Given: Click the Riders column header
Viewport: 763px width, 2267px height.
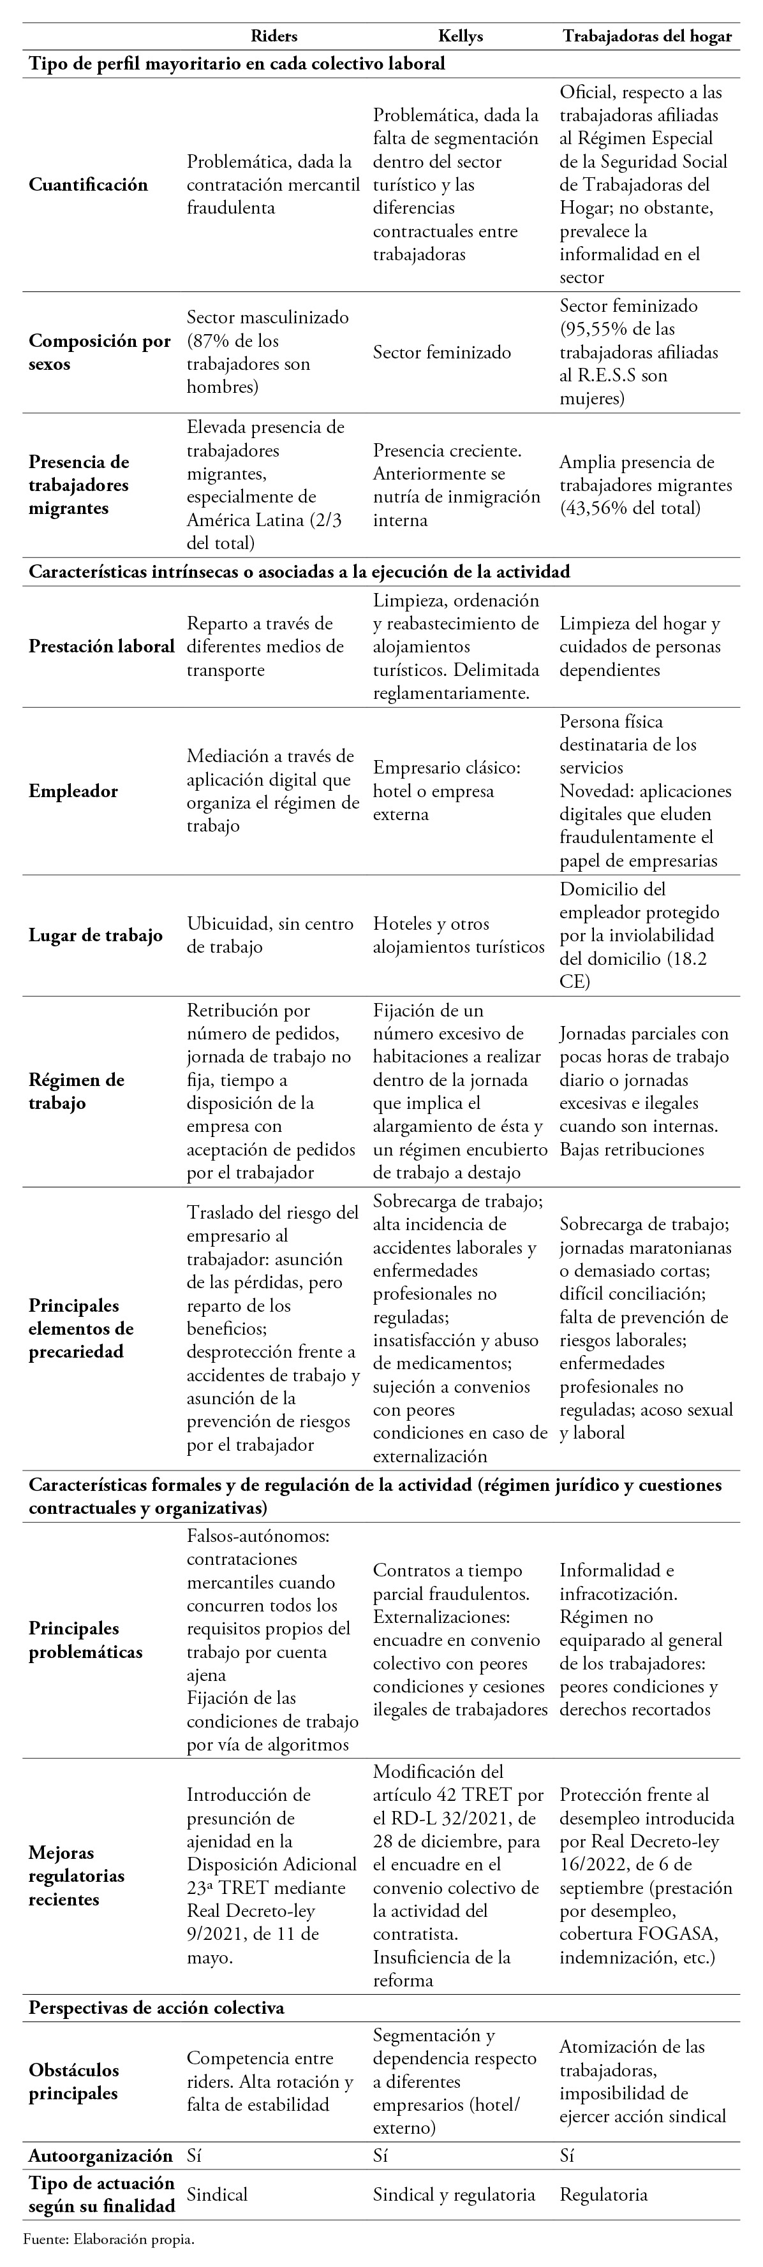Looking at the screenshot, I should pyautogui.click(x=274, y=36).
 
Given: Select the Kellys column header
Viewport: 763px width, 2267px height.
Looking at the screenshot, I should pyautogui.click(x=460, y=36).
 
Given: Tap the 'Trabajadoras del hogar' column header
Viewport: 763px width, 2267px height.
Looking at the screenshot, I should pyautogui.click(x=647, y=36).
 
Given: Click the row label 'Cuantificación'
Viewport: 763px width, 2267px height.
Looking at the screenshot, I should pyautogui.click(x=88, y=185).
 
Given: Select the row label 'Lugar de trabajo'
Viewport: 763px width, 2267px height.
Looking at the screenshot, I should pyautogui.click(x=95, y=935).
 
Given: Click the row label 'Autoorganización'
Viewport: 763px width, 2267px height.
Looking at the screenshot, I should pyautogui.click(x=100, y=2155).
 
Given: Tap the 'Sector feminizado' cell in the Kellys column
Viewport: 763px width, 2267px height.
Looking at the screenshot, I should pyautogui.click(x=441, y=353).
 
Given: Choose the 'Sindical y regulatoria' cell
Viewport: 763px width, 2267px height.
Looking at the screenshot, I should pyautogui.click(x=453, y=2195).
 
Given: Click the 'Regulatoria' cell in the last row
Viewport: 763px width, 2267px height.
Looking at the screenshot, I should pyautogui.click(x=603, y=2195).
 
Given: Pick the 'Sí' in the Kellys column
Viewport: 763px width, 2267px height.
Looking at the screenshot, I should pyautogui.click(x=380, y=2155).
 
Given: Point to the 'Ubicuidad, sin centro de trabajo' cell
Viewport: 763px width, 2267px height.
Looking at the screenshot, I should pyautogui.click(x=269, y=935).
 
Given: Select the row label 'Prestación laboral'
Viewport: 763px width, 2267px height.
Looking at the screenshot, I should pyautogui.click(x=101, y=647).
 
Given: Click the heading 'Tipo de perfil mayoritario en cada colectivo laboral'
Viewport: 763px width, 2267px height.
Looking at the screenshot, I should pyautogui.click(x=237, y=63).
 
